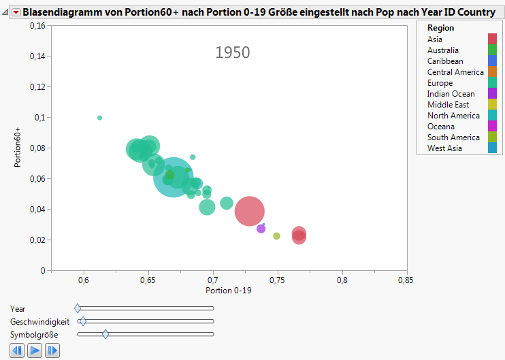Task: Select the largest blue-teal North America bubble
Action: point(174,177)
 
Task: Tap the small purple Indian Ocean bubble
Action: point(261,229)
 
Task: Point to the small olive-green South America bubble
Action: point(276,236)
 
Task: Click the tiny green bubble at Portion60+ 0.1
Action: point(99,118)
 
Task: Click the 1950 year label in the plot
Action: point(233,52)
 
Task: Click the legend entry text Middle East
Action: point(448,105)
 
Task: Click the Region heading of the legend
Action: point(440,28)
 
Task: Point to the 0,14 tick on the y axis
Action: point(35,56)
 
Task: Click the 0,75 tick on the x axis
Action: point(278,280)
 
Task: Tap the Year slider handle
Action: point(77,308)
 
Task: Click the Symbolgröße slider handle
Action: point(105,334)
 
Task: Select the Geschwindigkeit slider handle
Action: point(82,321)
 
